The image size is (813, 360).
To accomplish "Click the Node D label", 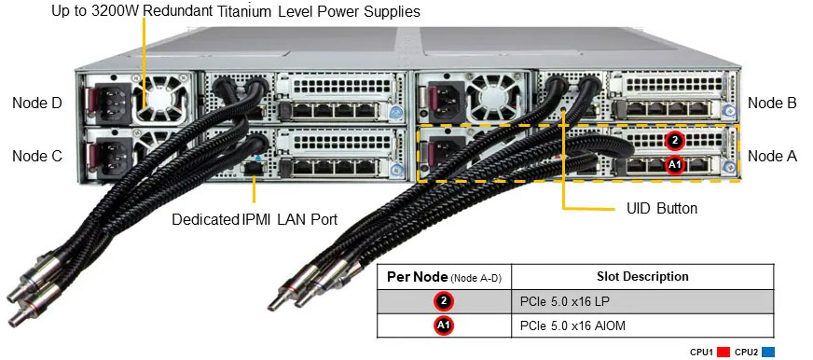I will pyautogui.click(x=36, y=103).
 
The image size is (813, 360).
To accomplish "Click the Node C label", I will pyautogui.click(x=36, y=156).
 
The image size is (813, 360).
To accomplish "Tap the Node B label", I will pyautogui.click(x=772, y=103).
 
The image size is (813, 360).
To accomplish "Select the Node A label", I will pyautogui.click(x=772, y=156).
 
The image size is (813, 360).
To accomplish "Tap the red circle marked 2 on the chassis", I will pyautogui.click(x=676, y=141).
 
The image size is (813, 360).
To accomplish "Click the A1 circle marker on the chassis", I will pyautogui.click(x=676, y=164).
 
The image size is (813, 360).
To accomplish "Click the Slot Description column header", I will pyautogui.click(x=642, y=277).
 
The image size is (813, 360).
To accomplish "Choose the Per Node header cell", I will pyautogui.click(x=444, y=277).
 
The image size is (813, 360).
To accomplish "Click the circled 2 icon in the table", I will pyautogui.click(x=444, y=302).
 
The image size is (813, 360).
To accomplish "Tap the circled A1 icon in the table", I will pyautogui.click(x=444, y=326).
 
